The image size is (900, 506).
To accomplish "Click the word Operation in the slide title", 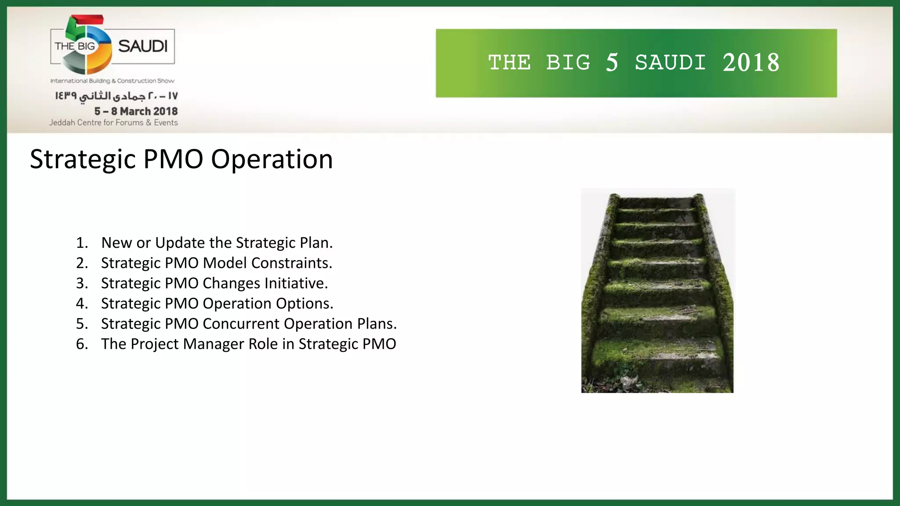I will [272, 159].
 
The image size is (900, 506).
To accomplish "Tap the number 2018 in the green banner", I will [751, 62].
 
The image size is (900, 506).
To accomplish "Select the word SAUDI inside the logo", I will [143, 46].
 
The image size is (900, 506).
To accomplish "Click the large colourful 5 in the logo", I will [86, 44].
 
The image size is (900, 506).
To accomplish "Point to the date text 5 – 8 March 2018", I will [136, 111].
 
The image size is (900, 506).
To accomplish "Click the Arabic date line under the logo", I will [116, 96].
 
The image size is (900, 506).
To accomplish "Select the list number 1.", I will [82, 242].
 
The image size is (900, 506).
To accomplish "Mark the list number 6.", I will [82, 343].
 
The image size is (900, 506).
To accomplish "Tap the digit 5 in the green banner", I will [612, 62].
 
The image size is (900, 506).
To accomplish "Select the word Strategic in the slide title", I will [83, 159].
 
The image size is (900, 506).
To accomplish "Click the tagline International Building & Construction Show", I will [112, 81].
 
